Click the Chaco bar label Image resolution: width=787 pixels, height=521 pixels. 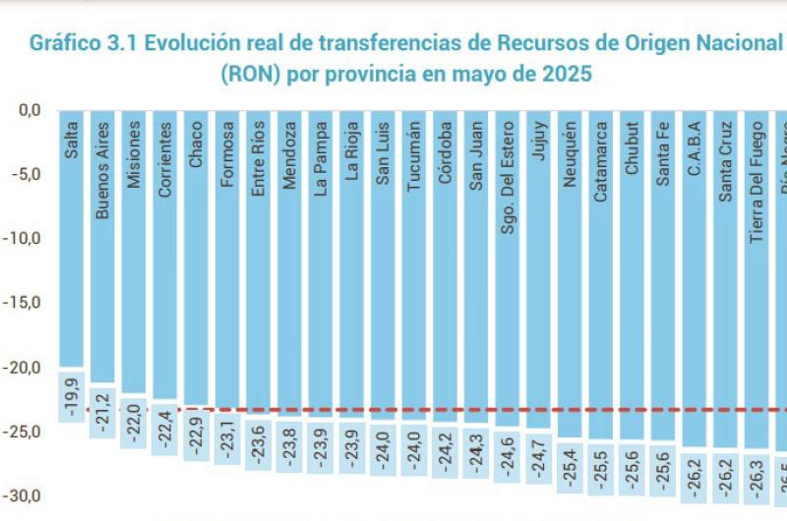click(196, 144)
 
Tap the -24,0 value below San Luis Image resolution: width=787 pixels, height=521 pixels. click(384, 448)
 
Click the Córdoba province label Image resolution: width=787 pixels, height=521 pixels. click(446, 153)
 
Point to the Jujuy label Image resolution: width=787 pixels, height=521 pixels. click(538, 143)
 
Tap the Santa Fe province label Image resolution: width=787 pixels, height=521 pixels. click(663, 151)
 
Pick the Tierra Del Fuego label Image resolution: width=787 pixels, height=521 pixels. click(757, 172)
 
